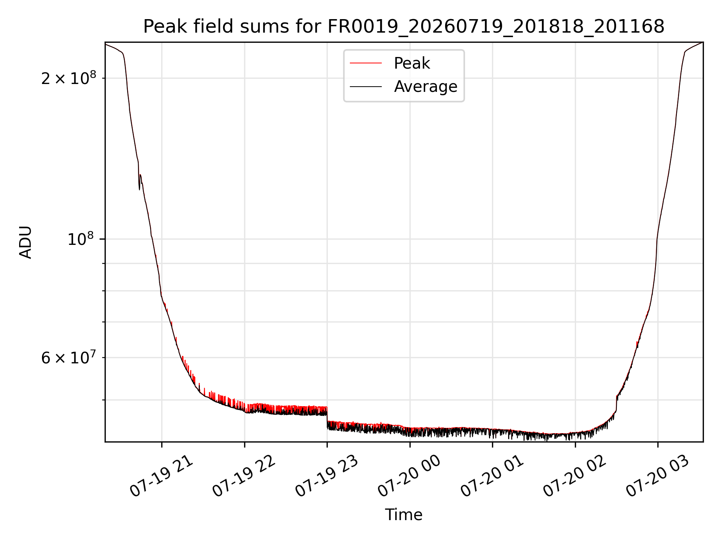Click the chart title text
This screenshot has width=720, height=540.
pyautogui.click(x=404, y=27)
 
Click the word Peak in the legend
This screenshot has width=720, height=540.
pyautogui.click(x=412, y=63)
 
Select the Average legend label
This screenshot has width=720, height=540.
pyautogui.click(x=426, y=87)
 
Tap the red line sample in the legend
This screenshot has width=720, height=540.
pyautogui.click(x=366, y=63)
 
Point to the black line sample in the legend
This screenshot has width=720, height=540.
pyautogui.click(x=366, y=87)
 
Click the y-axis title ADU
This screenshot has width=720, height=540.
pyautogui.click(x=25, y=242)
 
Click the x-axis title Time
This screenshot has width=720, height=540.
pyautogui.click(x=404, y=515)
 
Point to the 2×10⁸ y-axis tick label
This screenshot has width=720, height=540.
pyautogui.click(x=69, y=78)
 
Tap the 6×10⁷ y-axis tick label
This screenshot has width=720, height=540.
pyautogui.click(x=69, y=357)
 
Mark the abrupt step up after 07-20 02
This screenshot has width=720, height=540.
pyautogui.click(x=616, y=403)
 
